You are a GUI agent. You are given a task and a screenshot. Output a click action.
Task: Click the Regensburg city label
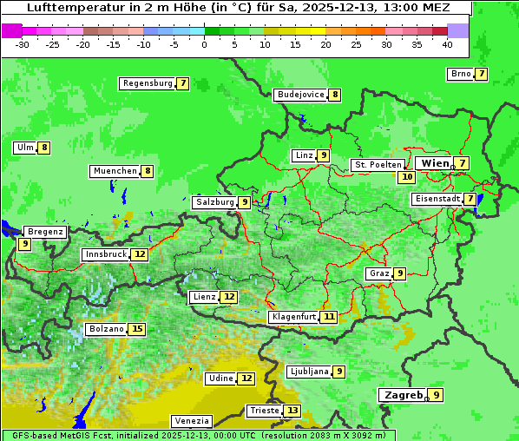click(x=148, y=83)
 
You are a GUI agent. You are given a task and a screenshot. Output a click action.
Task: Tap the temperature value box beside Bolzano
click(x=137, y=329)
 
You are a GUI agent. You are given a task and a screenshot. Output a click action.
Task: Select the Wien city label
click(x=435, y=163)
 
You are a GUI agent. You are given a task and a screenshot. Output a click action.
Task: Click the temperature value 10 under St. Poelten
click(x=406, y=176)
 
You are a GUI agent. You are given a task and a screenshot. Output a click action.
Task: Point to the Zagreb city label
click(x=403, y=395)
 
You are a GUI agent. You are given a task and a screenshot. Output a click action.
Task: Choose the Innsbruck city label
click(x=105, y=254)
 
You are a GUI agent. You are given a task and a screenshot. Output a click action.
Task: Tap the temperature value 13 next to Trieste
click(x=292, y=411)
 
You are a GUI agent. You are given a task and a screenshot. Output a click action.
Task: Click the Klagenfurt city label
click(x=292, y=317)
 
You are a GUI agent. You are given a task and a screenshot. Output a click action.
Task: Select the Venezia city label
click(x=191, y=421)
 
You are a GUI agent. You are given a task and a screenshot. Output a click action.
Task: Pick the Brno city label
click(x=460, y=74)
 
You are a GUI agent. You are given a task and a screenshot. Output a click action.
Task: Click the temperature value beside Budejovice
click(x=335, y=95)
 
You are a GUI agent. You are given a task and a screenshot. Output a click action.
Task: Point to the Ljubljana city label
click(x=309, y=372)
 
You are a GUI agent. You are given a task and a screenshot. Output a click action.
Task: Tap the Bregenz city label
click(x=45, y=232)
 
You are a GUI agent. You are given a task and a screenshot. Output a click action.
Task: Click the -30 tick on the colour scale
click(x=23, y=44)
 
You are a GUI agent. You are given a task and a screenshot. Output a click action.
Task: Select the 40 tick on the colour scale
click(x=447, y=44)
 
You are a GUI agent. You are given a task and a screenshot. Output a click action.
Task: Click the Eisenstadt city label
click(x=437, y=199)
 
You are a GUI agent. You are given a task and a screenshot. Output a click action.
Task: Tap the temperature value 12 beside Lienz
click(x=228, y=297)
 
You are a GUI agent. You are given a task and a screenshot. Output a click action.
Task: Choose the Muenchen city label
click(x=115, y=171)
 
